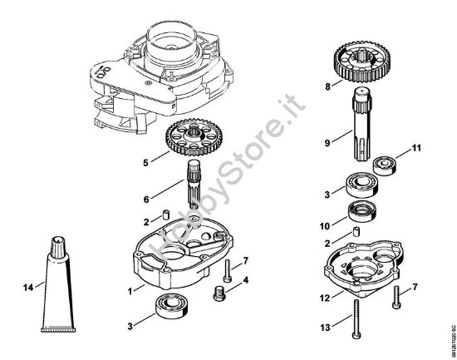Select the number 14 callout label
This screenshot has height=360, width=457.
click(27, 288)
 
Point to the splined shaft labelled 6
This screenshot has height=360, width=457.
click(195, 192)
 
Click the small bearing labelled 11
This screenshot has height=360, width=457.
click(386, 163)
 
